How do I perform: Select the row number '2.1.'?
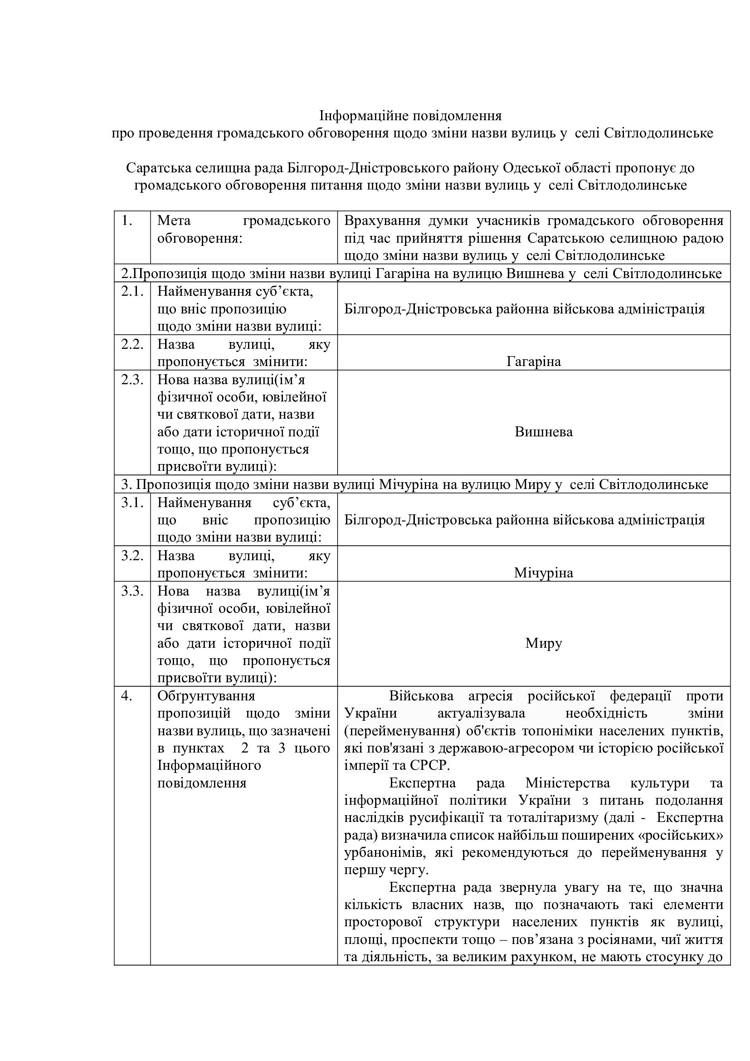tap(132, 292)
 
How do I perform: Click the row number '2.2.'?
tap(132, 344)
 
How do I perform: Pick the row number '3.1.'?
tap(132, 502)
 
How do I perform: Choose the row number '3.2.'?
tap(132, 556)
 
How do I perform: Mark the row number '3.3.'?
tap(132, 591)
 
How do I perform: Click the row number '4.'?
tap(127, 696)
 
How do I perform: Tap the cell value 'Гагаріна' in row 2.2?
tap(533, 362)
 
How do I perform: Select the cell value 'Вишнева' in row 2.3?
tap(544, 432)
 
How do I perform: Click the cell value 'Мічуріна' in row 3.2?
tap(544, 573)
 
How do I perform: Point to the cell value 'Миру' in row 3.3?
tap(544, 643)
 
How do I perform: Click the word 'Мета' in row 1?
tap(174, 221)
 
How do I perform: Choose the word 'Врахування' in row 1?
tap(382, 221)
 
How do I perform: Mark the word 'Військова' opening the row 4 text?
tap(421, 696)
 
